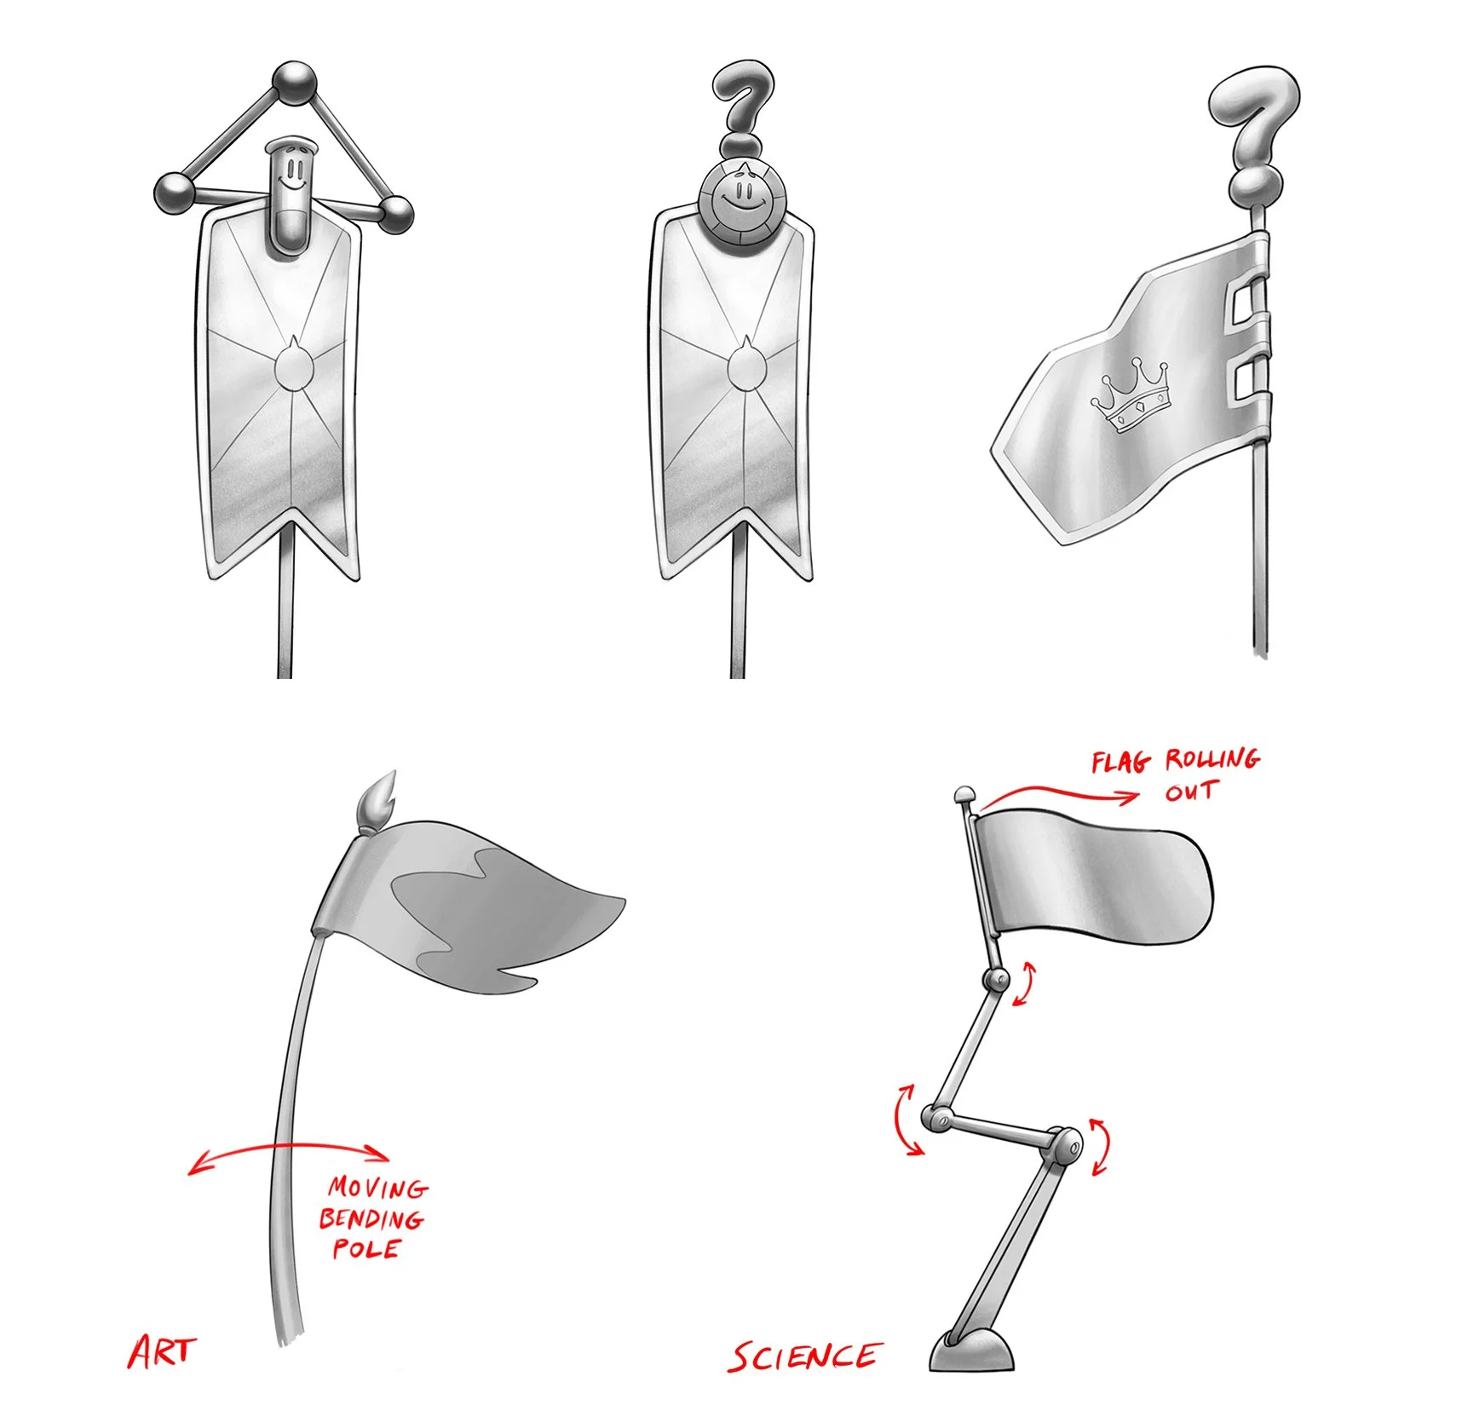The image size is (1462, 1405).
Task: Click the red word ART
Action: [161, 1351]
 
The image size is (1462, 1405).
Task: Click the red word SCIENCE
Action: [805, 1356]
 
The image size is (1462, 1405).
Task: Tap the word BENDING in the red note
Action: [371, 1218]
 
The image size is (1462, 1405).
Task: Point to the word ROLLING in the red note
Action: [1212, 758]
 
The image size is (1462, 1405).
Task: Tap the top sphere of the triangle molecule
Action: [295, 83]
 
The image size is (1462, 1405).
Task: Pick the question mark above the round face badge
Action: [743, 107]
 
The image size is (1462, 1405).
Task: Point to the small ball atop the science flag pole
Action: [964, 795]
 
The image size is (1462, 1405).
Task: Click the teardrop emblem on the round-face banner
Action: [746, 365]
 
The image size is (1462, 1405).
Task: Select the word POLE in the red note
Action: [366, 1249]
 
